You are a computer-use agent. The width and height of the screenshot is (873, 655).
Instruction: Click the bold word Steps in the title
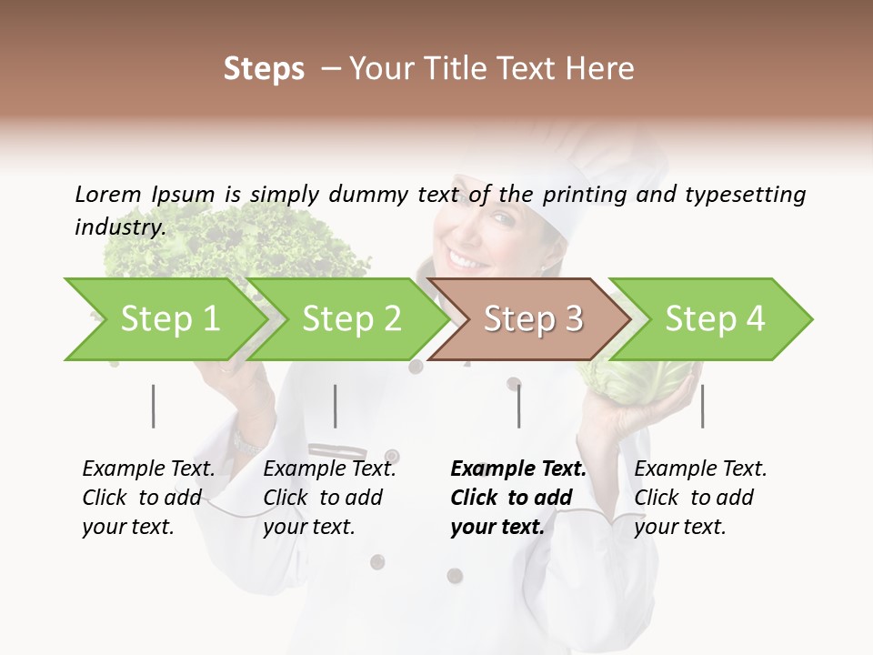[264, 69]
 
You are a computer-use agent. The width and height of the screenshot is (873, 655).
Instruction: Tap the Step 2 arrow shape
[351, 319]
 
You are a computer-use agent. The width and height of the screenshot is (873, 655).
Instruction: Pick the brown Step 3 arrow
[533, 319]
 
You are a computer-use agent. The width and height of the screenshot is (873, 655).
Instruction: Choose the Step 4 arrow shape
[715, 319]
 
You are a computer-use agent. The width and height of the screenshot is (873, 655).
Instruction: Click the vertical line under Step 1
[154, 406]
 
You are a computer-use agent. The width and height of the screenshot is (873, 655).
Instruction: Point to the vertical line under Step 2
[336, 406]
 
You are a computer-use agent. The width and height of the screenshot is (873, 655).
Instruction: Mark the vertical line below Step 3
[518, 406]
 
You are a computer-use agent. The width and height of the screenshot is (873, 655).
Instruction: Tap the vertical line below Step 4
[702, 406]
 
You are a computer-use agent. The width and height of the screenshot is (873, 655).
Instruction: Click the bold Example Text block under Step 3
[518, 498]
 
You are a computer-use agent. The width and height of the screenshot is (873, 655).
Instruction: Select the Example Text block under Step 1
[149, 498]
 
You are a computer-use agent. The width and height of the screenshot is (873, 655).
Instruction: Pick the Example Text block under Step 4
[700, 498]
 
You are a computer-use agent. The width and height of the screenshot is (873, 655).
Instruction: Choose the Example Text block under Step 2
[329, 498]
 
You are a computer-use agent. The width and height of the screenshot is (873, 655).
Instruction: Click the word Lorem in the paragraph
[108, 194]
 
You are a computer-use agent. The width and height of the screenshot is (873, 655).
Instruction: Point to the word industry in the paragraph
[118, 227]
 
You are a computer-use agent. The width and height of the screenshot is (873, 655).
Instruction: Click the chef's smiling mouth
[469, 260]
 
